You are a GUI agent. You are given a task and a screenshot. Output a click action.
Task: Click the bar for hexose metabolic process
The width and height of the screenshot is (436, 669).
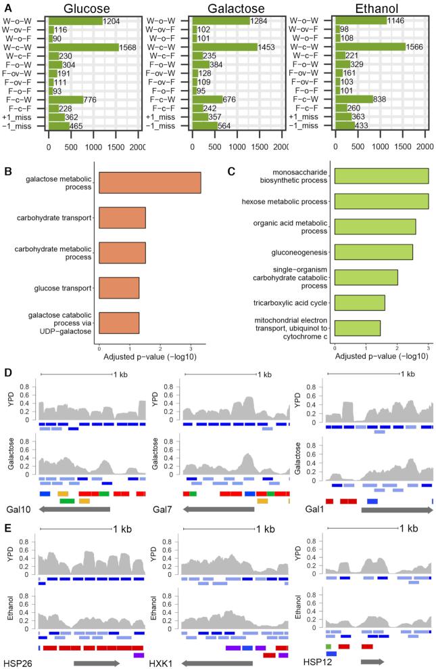pyautogui.click(x=381, y=201)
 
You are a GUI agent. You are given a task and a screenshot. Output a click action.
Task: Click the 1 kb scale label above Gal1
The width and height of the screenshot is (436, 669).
pyautogui.click(x=407, y=374)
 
